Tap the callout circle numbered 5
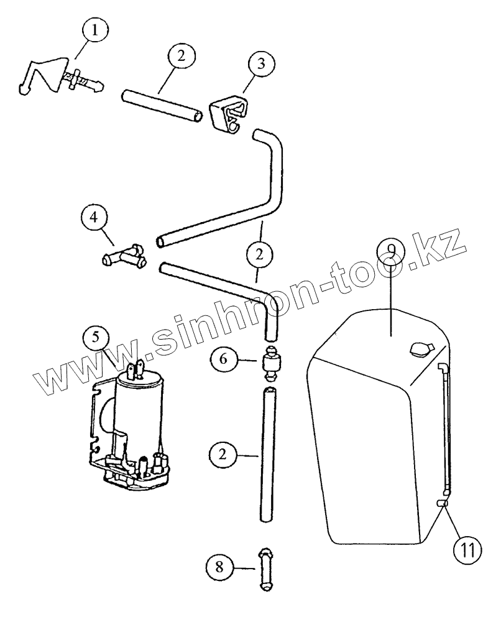coord(94,338)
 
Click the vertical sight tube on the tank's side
coord(445,429)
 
